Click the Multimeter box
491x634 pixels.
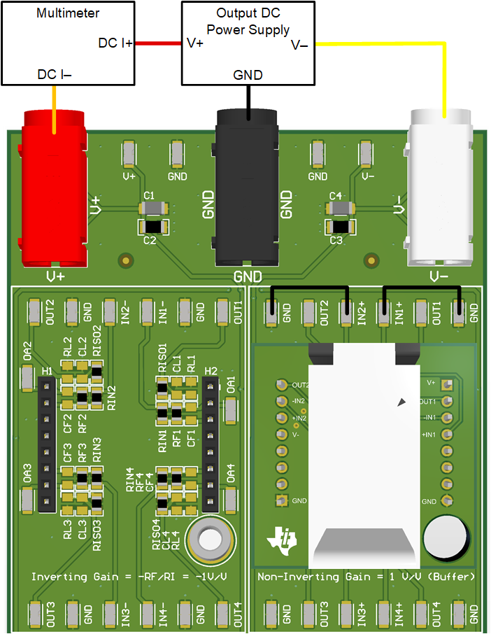click(68, 42)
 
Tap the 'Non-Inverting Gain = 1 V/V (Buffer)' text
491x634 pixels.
click(367, 577)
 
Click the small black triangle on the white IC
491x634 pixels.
click(401, 402)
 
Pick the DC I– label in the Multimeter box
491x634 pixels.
click(54, 73)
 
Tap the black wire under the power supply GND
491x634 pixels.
click(248, 95)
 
